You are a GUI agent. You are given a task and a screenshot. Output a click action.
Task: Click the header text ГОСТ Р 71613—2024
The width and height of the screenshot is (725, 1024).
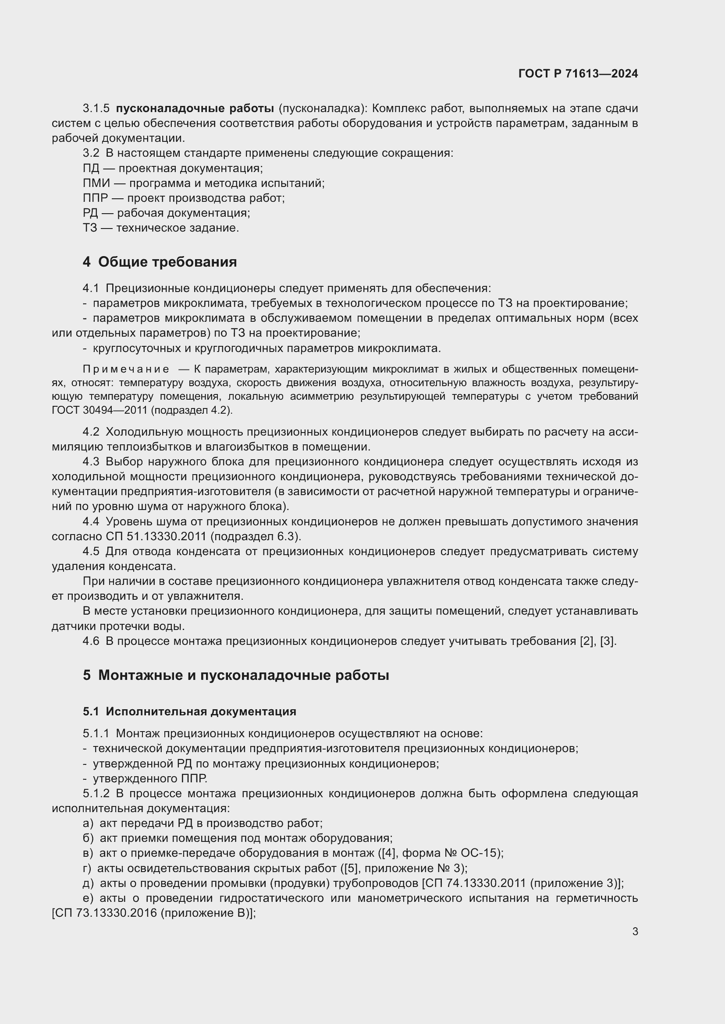point(578,74)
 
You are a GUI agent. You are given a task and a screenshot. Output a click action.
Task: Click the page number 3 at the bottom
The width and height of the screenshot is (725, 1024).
point(635,932)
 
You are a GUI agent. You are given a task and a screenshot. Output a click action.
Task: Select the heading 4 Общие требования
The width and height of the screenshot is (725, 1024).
point(160,262)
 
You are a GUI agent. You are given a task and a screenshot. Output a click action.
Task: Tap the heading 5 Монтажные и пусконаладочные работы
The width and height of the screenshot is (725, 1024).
point(236,675)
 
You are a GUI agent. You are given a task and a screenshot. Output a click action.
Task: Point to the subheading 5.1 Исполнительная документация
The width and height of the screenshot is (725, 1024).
point(189,711)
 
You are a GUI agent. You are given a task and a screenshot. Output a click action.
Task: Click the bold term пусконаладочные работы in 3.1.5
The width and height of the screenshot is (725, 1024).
point(195,109)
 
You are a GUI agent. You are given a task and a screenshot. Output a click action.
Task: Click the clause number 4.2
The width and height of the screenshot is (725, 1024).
point(91,432)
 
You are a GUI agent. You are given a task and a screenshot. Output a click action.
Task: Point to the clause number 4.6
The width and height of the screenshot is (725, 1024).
point(91,641)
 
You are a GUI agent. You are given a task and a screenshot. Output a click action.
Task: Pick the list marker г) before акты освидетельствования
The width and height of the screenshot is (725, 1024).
point(88,868)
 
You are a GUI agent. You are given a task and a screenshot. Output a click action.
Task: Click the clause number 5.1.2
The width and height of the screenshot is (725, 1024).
point(96,793)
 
